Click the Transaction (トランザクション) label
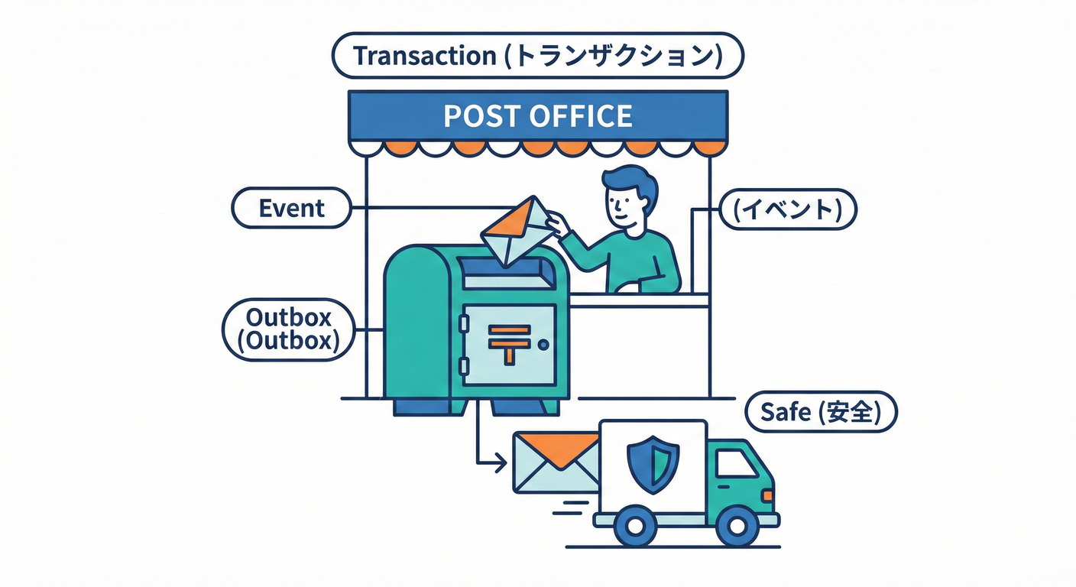pyautogui.click(x=538, y=56)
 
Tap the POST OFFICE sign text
pyautogui.click(x=538, y=115)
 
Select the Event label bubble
pyautogui.click(x=291, y=208)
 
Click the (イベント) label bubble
pyautogui.click(x=789, y=209)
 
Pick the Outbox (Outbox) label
pyautogui.click(x=288, y=329)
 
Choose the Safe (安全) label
pyautogui.click(x=820, y=413)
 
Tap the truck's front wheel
pyautogui.click(x=737, y=526)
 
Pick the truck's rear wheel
pyautogui.click(x=636, y=526)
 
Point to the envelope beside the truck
pyautogui.click(x=556, y=462)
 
